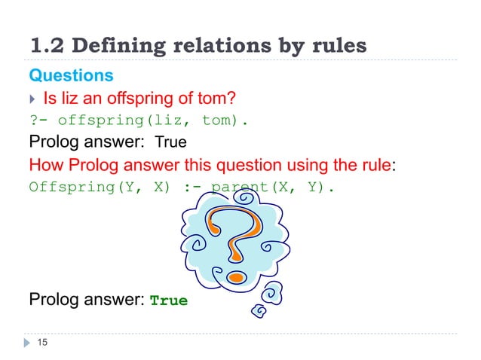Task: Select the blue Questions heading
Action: click(x=71, y=76)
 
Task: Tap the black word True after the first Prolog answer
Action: click(x=171, y=141)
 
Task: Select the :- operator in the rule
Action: click(x=191, y=185)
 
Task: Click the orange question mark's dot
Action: click(x=237, y=276)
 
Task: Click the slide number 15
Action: click(x=42, y=343)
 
